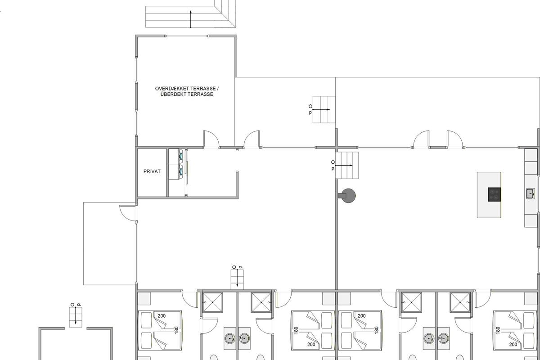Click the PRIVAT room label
point(152,171)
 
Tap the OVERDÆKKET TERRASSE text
point(185,89)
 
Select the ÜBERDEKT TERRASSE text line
point(187,94)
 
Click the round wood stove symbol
point(348,196)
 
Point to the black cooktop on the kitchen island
point(495,194)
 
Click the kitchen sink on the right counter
point(531,193)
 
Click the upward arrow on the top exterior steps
point(191,19)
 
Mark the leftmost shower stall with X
point(212,302)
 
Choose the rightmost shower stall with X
point(460,302)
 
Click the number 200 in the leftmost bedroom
point(162,315)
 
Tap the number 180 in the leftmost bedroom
point(176,330)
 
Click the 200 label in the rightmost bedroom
point(513,344)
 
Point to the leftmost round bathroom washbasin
point(230,338)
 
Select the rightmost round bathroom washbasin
point(444,338)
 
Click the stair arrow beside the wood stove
point(344,166)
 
